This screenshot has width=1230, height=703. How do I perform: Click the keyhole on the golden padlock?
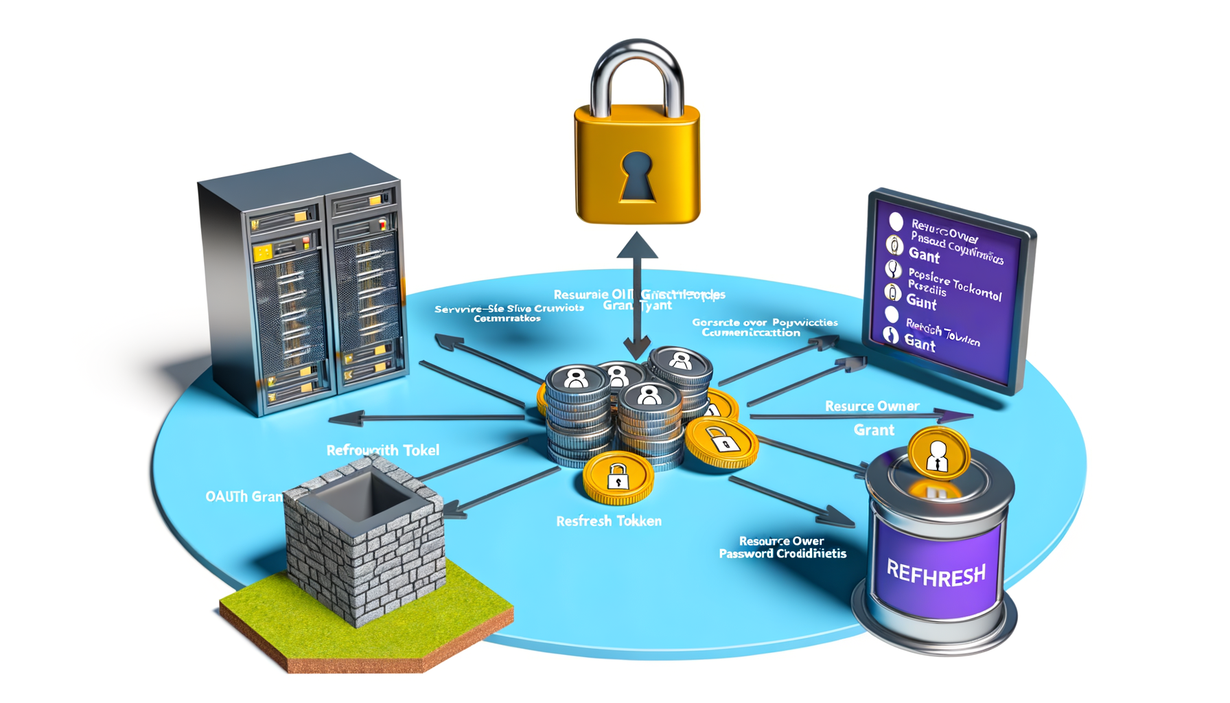[637, 175]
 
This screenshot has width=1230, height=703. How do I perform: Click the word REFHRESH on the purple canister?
[936, 573]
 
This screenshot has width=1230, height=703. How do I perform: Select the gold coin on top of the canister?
[938, 454]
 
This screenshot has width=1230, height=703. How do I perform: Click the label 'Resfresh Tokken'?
[609, 521]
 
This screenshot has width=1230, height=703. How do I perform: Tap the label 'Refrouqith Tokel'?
[382, 450]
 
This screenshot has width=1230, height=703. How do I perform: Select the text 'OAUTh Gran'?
[244, 496]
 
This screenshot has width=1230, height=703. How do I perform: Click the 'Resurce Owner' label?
[872, 406]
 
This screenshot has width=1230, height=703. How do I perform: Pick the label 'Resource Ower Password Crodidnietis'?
[782, 547]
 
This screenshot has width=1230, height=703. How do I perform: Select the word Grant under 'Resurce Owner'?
[874, 430]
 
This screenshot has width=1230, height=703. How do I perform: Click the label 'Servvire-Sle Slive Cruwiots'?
[509, 309]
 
